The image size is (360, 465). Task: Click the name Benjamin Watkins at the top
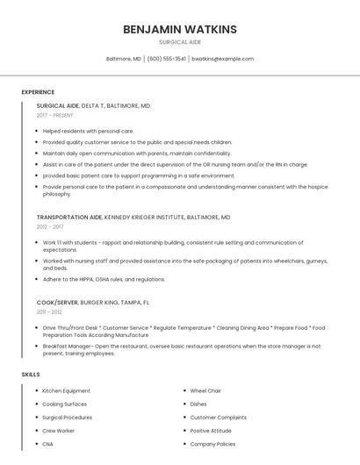[180, 29]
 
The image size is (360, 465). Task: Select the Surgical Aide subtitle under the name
[180, 42]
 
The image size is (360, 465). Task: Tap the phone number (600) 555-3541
[167, 59]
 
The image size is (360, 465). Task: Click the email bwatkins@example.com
[222, 59]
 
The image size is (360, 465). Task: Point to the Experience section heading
[38, 92]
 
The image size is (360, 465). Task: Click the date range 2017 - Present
[54, 116]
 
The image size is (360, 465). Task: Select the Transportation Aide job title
[69, 217]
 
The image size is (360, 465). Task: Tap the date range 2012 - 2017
[50, 226]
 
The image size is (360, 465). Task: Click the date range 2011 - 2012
[49, 311]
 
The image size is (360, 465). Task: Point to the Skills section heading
[31, 375]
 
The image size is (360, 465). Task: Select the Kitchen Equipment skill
[66, 390]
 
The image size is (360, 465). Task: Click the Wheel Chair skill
[205, 390]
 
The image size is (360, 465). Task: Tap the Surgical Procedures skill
[68, 418]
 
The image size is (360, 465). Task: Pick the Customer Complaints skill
[219, 418]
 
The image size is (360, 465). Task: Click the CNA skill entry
[48, 445]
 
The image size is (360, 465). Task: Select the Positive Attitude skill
[211, 431]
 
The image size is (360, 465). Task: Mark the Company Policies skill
[213, 445]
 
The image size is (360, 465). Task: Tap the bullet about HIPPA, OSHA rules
[104, 279]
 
